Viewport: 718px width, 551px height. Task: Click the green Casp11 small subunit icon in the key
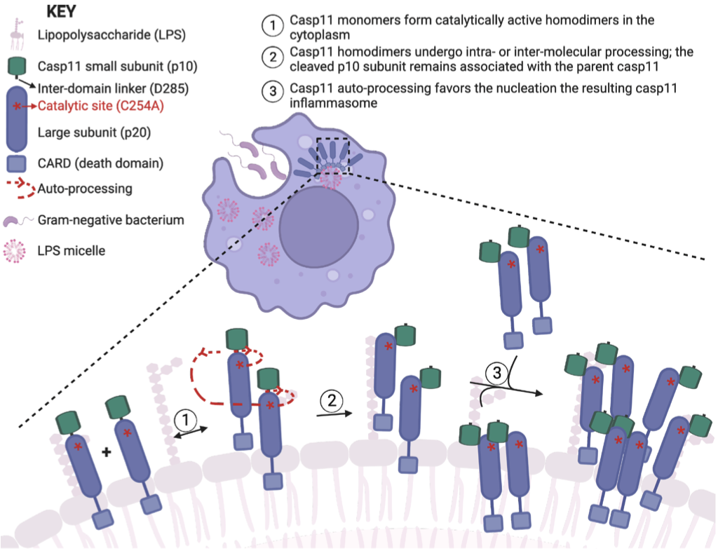[17, 67]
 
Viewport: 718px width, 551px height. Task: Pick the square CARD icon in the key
[17, 163]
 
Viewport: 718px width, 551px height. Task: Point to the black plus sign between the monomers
[107, 453]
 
